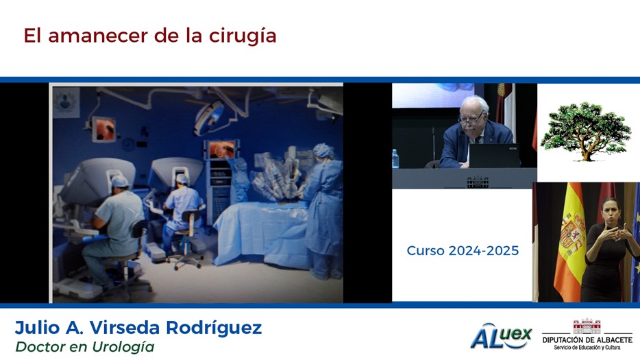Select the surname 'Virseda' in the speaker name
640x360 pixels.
pos(125,328)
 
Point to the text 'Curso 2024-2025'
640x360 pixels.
pos(463,250)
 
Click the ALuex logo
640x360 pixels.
pos(501,336)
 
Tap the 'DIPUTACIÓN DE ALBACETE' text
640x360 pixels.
pos(587,340)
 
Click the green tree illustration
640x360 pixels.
pos(586,131)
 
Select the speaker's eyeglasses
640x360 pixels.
pos(471,120)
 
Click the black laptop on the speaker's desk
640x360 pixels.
pos(494,156)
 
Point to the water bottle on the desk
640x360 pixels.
pos(395,159)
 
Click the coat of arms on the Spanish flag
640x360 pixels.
pos(571,232)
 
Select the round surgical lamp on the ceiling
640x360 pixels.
pos(209,118)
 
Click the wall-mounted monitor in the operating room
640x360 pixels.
pos(103,130)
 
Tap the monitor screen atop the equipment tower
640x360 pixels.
pos(222,150)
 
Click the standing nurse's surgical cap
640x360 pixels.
pos(323,151)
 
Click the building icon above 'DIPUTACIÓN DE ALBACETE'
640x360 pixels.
pos(587,326)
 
